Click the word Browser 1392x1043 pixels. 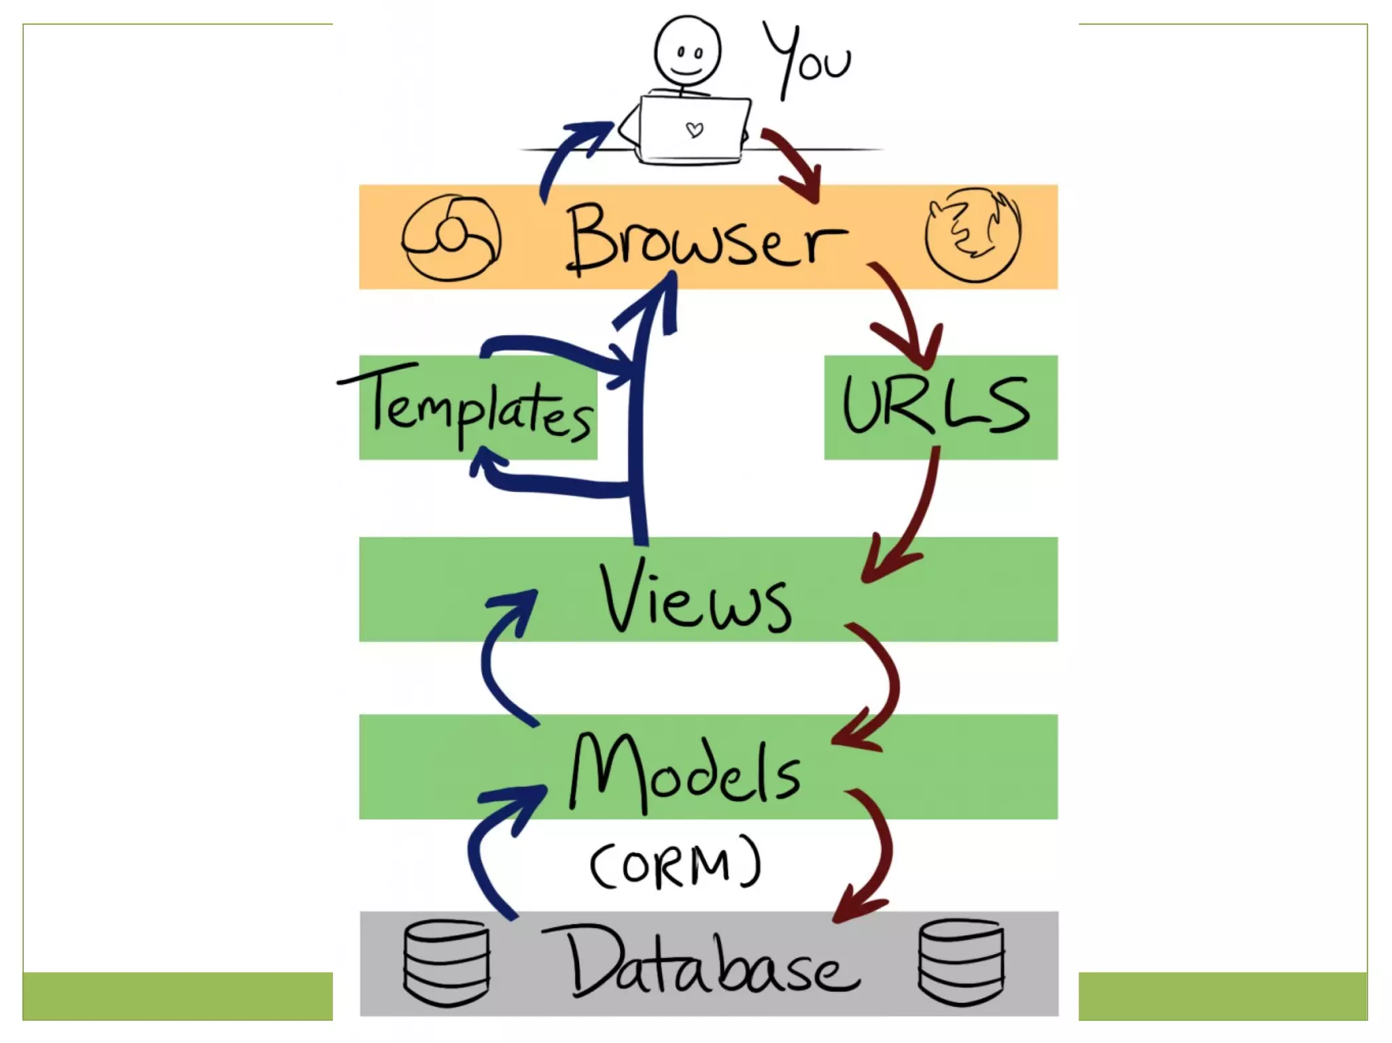[707, 238]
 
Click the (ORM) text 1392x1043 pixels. [676, 864]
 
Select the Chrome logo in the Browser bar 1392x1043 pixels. [451, 238]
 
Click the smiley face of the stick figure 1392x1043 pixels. [687, 52]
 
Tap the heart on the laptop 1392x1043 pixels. [694, 129]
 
